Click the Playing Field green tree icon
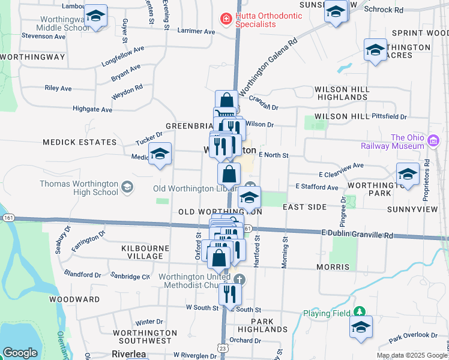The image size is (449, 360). [359, 312]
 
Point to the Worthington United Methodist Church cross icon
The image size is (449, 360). [239, 280]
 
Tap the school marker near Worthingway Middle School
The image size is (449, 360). [95, 16]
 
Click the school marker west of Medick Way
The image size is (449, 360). [160, 154]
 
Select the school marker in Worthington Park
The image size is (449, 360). [408, 175]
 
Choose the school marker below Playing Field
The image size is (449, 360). [361, 327]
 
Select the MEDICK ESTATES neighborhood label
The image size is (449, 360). [79, 142]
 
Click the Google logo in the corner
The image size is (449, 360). [20, 352]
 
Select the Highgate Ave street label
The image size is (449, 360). [92, 110]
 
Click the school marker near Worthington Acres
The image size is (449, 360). [375, 51]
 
